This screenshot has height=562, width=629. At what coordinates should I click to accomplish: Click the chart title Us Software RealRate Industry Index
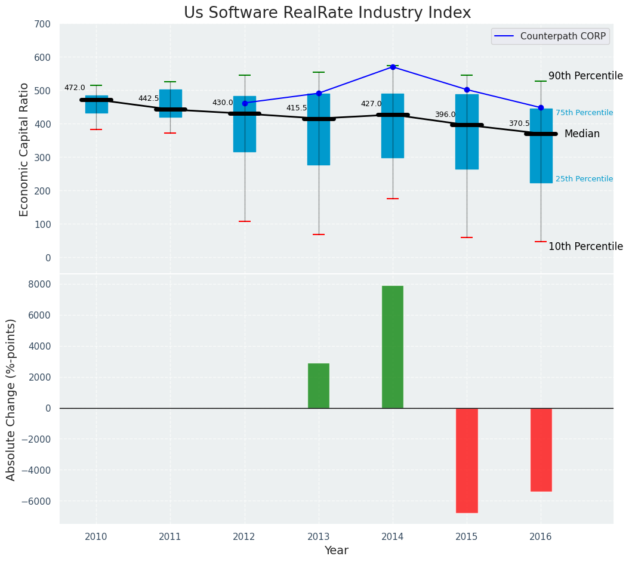click(327, 13)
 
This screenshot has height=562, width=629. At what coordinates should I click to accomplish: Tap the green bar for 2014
click(393, 347)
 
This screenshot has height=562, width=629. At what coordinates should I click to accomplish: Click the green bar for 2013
click(319, 385)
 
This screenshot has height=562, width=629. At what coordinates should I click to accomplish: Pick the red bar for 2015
click(467, 460)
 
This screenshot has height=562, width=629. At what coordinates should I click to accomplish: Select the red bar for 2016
click(541, 449)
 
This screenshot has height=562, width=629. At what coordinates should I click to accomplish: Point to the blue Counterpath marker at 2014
click(393, 67)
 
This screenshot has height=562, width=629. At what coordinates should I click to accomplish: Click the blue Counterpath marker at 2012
click(245, 103)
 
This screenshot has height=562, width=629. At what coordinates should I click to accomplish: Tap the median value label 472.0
click(75, 88)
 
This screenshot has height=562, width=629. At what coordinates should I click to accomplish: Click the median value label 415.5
click(297, 108)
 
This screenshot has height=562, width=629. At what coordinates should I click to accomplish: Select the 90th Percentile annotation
click(585, 76)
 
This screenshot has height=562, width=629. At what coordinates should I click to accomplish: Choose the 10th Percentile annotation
click(585, 246)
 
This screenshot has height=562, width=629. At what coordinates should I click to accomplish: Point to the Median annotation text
click(582, 134)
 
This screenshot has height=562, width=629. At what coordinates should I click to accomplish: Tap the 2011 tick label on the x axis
click(170, 537)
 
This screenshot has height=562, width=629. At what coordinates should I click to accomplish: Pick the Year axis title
click(337, 550)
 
